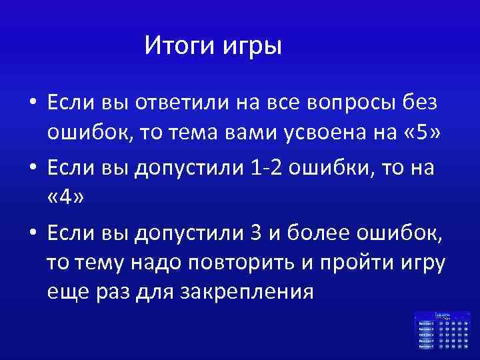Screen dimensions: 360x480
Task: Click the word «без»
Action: [x=419, y=104]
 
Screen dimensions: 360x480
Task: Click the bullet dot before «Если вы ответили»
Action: [x=31, y=105]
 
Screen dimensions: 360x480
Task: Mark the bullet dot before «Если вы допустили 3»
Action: [x=31, y=234]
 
